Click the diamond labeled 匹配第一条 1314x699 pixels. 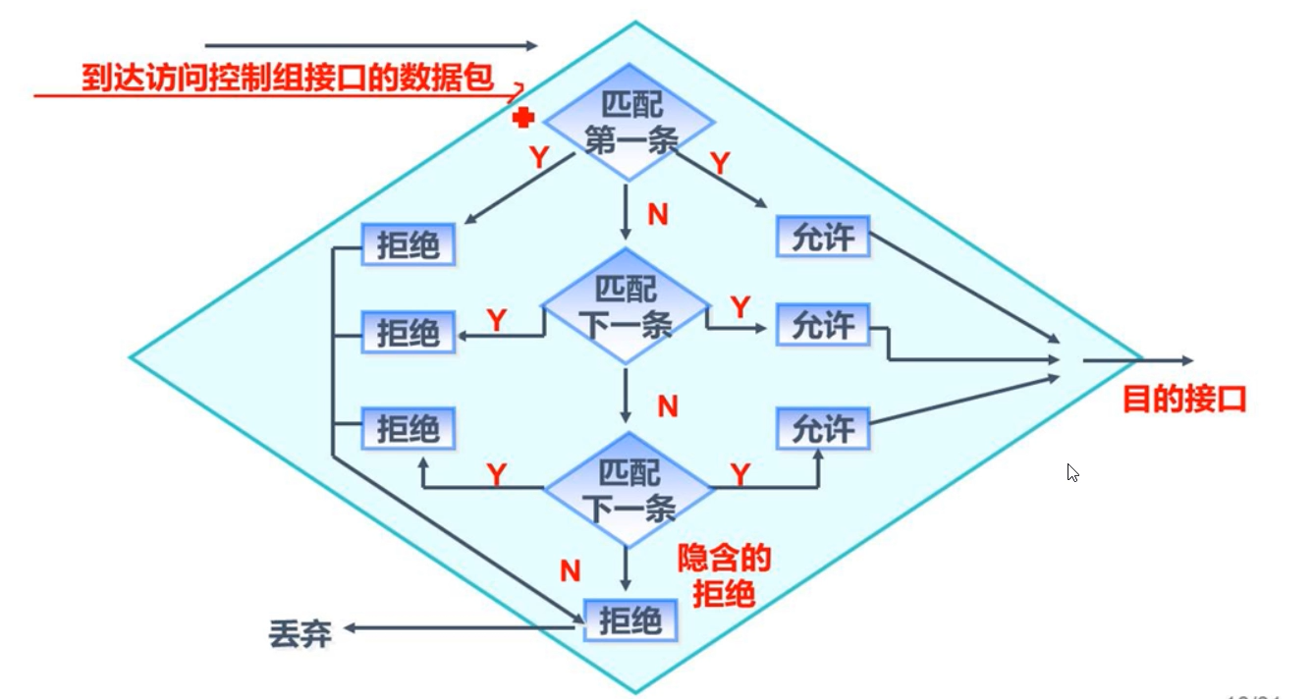629,123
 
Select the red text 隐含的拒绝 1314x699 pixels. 725,576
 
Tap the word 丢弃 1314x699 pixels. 300,634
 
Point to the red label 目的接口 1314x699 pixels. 1184,400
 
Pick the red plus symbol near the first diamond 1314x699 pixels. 523,118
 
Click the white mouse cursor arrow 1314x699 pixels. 1072,473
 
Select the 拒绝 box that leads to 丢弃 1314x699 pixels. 631,620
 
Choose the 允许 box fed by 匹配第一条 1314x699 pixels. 823,237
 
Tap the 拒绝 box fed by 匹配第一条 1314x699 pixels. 409,245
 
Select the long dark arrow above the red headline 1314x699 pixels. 371,45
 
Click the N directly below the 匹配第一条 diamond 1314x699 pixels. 657,215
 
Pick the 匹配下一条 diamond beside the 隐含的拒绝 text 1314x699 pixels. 629,490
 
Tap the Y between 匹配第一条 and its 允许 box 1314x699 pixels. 720,164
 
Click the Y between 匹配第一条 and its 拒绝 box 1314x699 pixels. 538,157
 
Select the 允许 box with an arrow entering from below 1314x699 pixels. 823,428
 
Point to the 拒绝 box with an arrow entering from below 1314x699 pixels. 409,429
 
